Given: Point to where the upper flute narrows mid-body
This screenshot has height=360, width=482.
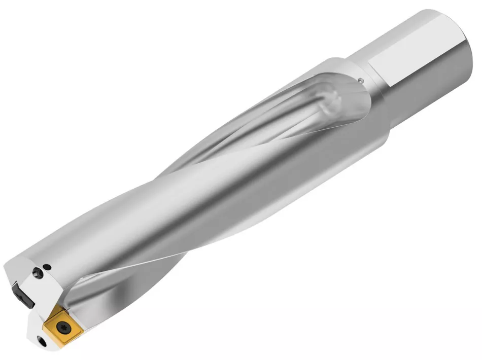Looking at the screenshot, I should pos(203,152).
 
